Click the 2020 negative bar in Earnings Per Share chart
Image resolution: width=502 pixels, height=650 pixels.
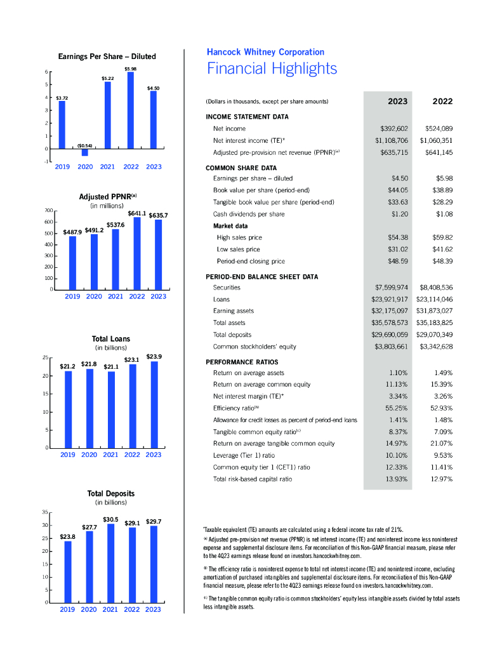pos(85,152)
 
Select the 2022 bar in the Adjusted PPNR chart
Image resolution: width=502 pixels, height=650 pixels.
pos(136,253)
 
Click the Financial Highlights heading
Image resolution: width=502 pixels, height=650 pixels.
pos(272,69)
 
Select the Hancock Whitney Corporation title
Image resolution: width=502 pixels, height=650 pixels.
pos(265,52)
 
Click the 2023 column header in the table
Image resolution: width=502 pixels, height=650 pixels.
pos(397,101)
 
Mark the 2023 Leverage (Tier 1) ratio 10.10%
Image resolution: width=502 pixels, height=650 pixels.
pos(398,455)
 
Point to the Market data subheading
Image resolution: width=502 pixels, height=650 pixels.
pos(230,226)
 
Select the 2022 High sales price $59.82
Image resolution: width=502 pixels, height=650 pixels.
pos(442,237)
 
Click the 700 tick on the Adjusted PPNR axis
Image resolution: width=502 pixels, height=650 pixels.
pos(48,210)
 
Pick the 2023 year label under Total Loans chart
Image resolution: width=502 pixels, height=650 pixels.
pos(154,454)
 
